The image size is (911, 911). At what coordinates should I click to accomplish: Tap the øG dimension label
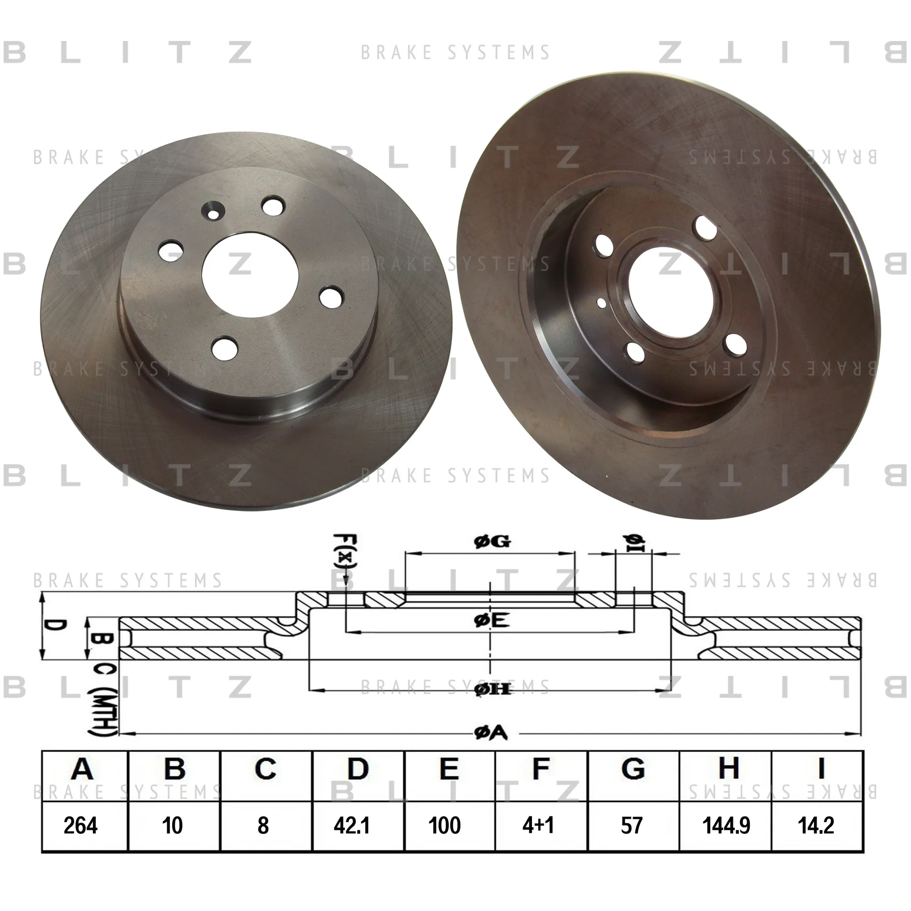[x=492, y=542]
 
